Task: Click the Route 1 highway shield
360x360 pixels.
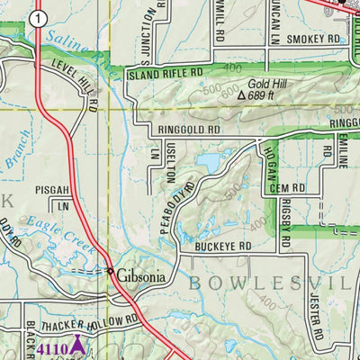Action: coord(35,17)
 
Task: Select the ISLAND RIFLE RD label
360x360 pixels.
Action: coord(163,75)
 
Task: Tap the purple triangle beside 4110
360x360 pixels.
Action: coord(77,343)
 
